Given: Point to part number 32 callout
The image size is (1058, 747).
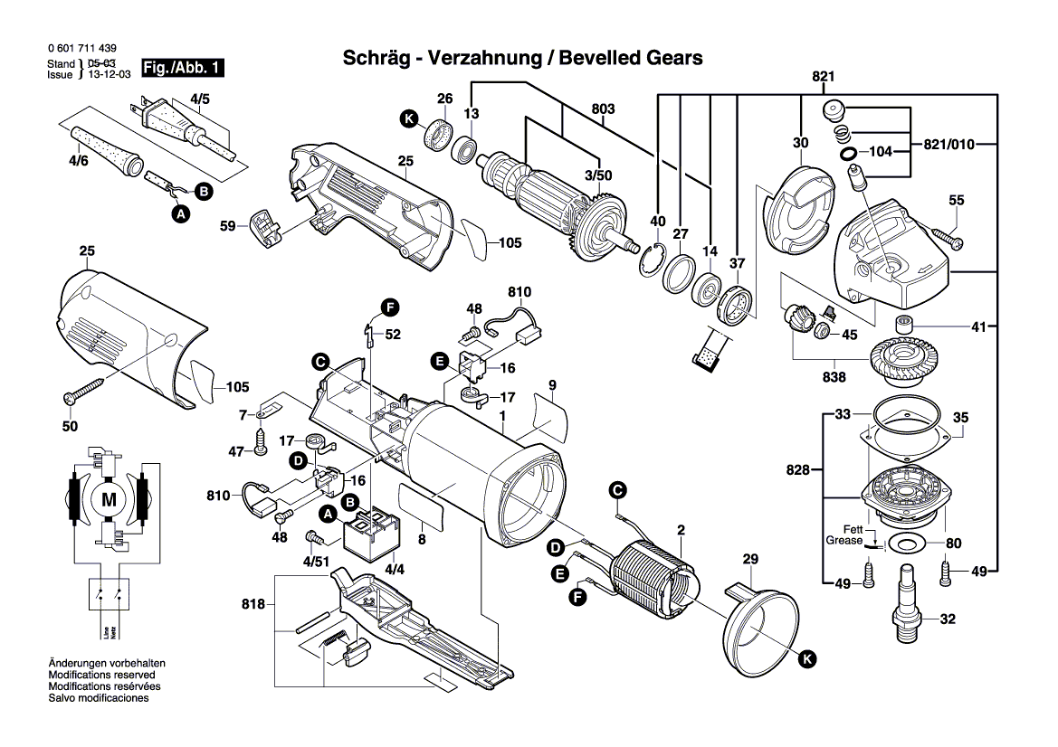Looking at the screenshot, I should [x=948, y=620].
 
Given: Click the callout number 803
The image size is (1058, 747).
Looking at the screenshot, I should [x=604, y=109].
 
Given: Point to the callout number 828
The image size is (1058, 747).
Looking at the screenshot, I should [x=799, y=470].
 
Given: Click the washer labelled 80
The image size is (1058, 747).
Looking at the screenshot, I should [x=904, y=543].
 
